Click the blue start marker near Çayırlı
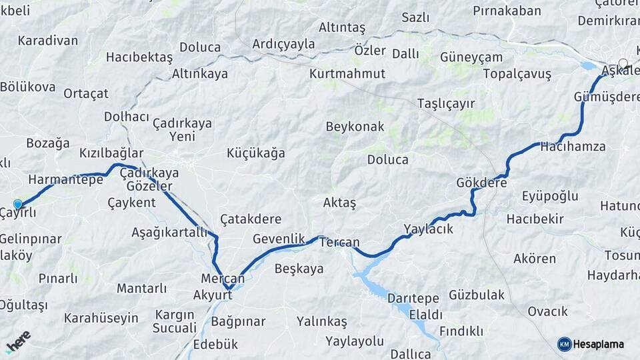click(x=17, y=204)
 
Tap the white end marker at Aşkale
click(x=623, y=63)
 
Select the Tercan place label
click(x=339, y=243)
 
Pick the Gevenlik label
click(x=279, y=239)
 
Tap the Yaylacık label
click(x=428, y=229)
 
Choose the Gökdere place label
click(x=482, y=182)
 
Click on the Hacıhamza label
click(x=573, y=146)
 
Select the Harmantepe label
click(x=65, y=179)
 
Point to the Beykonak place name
click(x=355, y=126)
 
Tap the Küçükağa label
click(x=255, y=153)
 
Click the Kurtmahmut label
click(x=347, y=74)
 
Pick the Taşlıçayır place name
click(x=445, y=103)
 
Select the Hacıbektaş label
click(x=139, y=57)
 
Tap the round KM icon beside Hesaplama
click(x=564, y=344)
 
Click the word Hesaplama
click(x=598, y=345)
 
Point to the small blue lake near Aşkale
click(x=588, y=66)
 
